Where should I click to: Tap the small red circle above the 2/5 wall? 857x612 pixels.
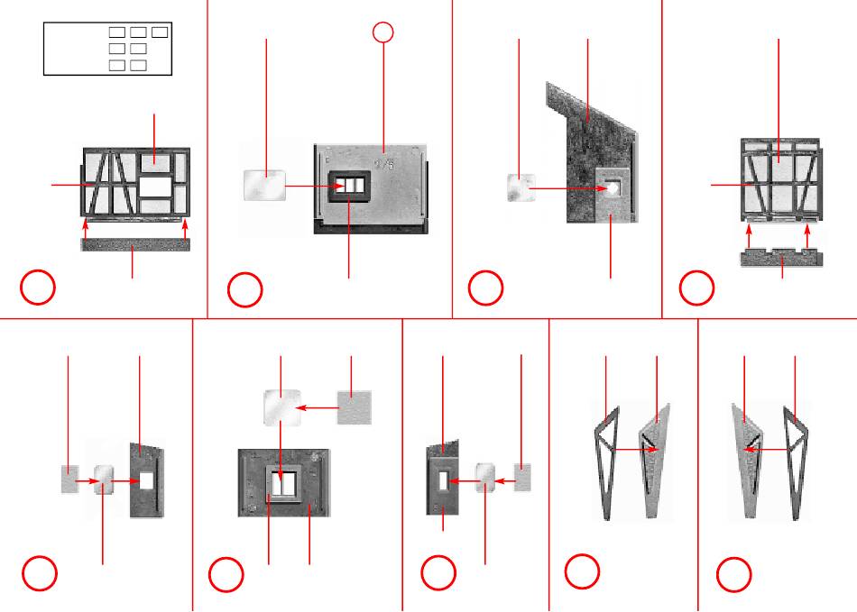tap(383, 32)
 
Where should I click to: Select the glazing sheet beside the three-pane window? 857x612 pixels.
tap(265, 184)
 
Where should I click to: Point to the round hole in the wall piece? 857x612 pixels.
tap(613, 188)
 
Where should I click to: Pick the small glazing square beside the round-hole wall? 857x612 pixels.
tap(521, 187)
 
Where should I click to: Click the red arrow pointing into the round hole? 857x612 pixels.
tap(567, 188)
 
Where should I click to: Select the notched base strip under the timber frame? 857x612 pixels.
tap(781, 259)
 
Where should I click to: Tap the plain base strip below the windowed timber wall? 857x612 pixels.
tap(135, 245)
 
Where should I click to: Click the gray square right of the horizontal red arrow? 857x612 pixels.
tap(355, 406)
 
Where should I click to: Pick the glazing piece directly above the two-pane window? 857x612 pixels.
tap(281, 407)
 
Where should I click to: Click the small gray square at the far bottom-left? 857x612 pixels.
tap(69, 479)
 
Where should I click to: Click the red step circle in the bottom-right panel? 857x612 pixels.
tap(734, 575)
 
